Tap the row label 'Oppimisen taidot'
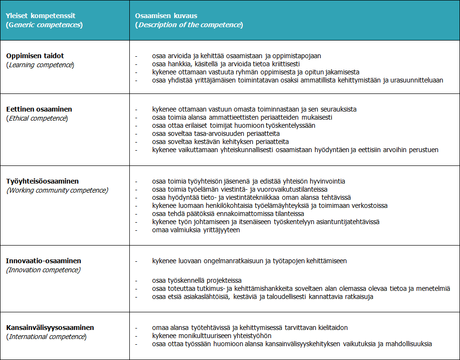[34, 55]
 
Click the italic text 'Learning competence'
[42, 64]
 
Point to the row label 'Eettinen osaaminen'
[39, 109]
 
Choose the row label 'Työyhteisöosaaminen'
[42, 181]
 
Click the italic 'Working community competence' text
[57, 190]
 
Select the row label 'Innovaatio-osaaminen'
[43, 261]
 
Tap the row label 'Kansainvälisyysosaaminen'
[50, 328]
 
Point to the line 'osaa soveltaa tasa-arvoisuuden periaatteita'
[216, 134]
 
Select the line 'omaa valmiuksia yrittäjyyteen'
[196, 230]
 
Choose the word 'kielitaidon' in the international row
[331, 328]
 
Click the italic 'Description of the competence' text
[189, 25]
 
